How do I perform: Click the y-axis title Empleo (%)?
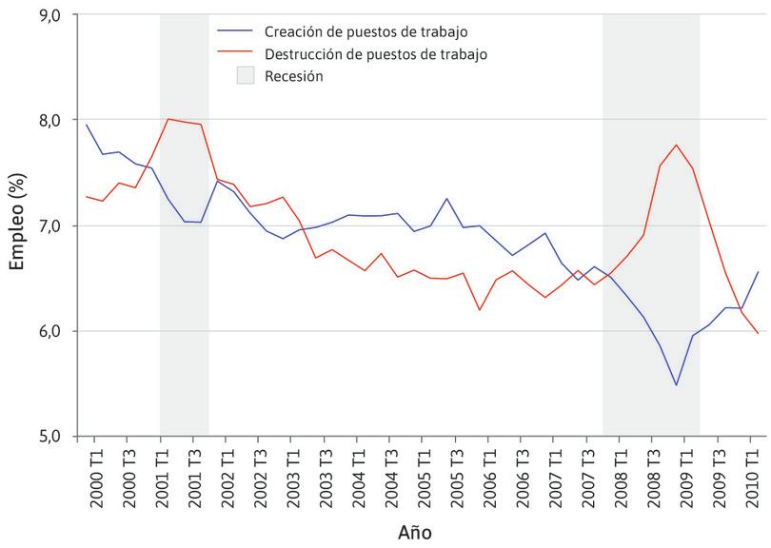click(16, 225)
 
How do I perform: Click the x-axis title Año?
click(415, 533)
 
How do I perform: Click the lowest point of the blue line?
click(676, 385)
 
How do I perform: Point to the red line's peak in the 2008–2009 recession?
click(676, 145)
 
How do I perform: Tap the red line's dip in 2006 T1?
click(480, 310)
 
